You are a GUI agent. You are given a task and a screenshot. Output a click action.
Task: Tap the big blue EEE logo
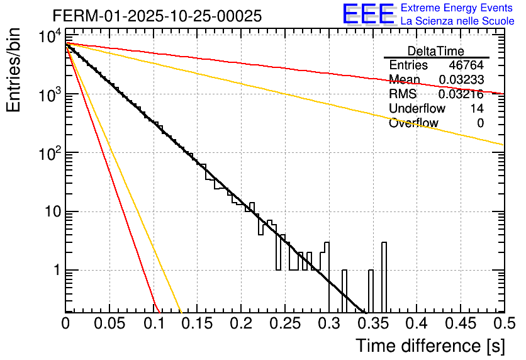[x=368, y=14]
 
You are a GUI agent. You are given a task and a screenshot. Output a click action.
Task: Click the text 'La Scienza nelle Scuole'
[x=457, y=21]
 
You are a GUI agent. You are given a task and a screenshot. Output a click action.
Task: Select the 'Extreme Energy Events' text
[x=457, y=8]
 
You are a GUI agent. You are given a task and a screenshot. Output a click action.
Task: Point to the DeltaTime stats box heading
[x=436, y=51]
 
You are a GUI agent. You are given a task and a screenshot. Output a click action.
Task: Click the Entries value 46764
[x=466, y=65]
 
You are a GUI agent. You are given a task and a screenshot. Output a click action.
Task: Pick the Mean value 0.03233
[x=461, y=80]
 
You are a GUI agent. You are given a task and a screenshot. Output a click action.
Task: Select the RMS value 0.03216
[x=461, y=94]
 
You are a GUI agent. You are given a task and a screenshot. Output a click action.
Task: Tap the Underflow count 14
[x=477, y=109]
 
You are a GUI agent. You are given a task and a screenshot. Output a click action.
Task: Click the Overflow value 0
[x=480, y=123]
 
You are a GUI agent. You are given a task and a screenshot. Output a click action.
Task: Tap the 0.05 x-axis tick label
[x=109, y=323]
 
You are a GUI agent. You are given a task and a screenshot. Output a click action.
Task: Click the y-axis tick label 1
[x=55, y=271]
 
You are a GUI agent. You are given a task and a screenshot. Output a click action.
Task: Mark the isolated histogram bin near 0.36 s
[x=384, y=277]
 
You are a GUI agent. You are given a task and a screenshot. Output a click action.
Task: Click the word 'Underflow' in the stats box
[x=417, y=109]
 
